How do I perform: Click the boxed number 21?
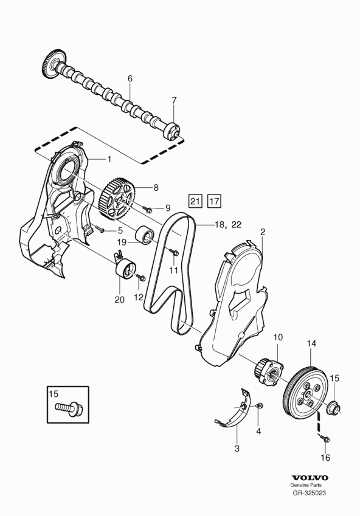[x=195, y=201]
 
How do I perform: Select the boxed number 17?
[x=214, y=201]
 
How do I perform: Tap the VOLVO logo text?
[x=310, y=478]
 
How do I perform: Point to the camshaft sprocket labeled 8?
[x=117, y=200]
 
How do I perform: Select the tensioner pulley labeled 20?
[x=124, y=270]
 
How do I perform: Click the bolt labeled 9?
[x=147, y=208]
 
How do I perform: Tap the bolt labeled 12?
[x=141, y=277]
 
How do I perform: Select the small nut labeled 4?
[x=259, y=405]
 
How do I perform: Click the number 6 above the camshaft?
[x=130, y=78]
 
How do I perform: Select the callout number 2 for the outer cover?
[x=262, y=232]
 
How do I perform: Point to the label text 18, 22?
[x=228, y=225]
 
